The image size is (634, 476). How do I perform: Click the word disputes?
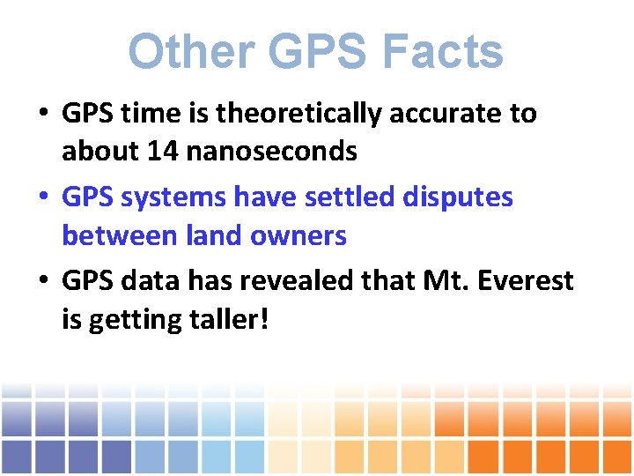tap(458, 197)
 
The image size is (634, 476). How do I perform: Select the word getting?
tap(129, 319)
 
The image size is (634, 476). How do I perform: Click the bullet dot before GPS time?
tap(42, 115)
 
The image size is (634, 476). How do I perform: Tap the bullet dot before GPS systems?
tap(42, 198)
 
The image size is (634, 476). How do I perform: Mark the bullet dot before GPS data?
tap(42, 282)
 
